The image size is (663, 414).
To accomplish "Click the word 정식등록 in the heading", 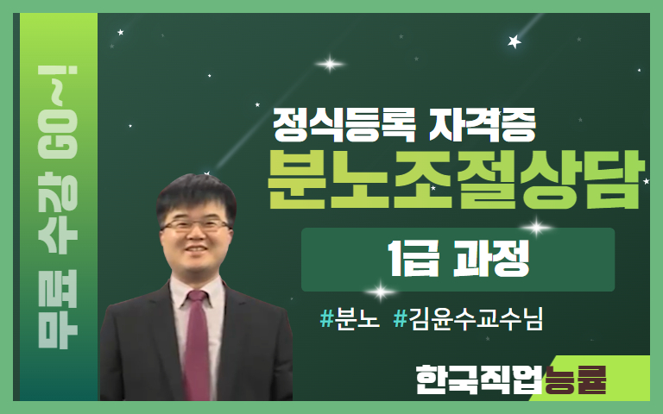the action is (344, 124).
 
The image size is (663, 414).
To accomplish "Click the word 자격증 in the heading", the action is (483, 124).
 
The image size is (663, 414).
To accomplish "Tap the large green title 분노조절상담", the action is (457, 180).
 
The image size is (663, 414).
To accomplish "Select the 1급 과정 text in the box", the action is (458, 259).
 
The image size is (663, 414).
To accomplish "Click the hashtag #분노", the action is (350, 318).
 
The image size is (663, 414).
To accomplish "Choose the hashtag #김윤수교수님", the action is (468, 318).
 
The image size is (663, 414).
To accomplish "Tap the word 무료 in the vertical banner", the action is (58, 309).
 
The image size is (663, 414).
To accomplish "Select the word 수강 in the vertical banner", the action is (58, 212).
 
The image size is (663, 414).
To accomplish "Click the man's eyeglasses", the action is (196, 225).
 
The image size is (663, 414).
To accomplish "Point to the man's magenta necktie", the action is (197, 344).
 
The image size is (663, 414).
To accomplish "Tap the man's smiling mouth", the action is (196, 248).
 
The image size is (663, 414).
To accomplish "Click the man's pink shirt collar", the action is (197, 292).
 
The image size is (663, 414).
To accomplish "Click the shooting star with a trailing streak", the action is (515, 41).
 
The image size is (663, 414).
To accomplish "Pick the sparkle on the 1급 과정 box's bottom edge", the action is (380, 292).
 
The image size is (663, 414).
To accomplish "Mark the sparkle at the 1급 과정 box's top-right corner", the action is (537, 228).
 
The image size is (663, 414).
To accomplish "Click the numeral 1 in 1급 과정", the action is (395, 259).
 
